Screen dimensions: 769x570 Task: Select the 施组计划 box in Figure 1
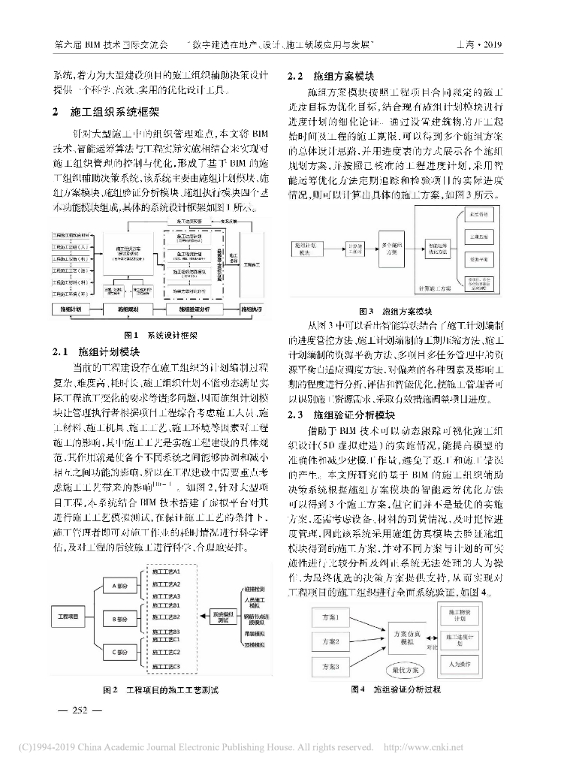coord(76,309)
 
